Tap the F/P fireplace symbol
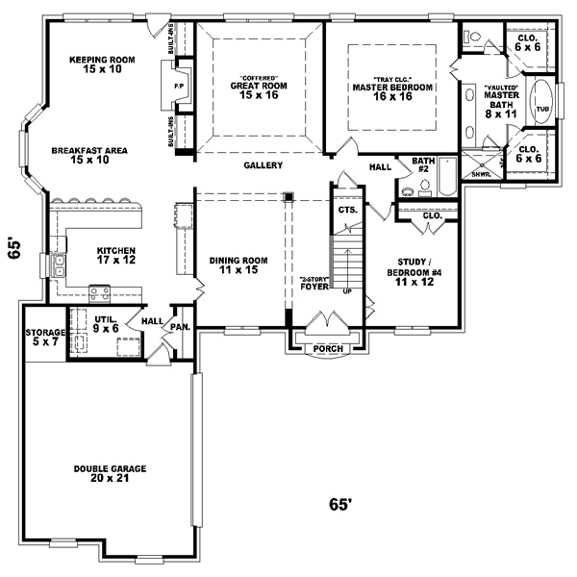click(x=177, y=85)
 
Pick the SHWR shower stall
click(x=477, y=164)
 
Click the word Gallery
click(x=263, y=165)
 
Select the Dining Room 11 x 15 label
click(x=238, y=265)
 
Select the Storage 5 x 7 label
click(x=44, y=337)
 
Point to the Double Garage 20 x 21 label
click(x=109, y=473)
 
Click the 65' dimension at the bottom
click(x=341, y=504)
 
